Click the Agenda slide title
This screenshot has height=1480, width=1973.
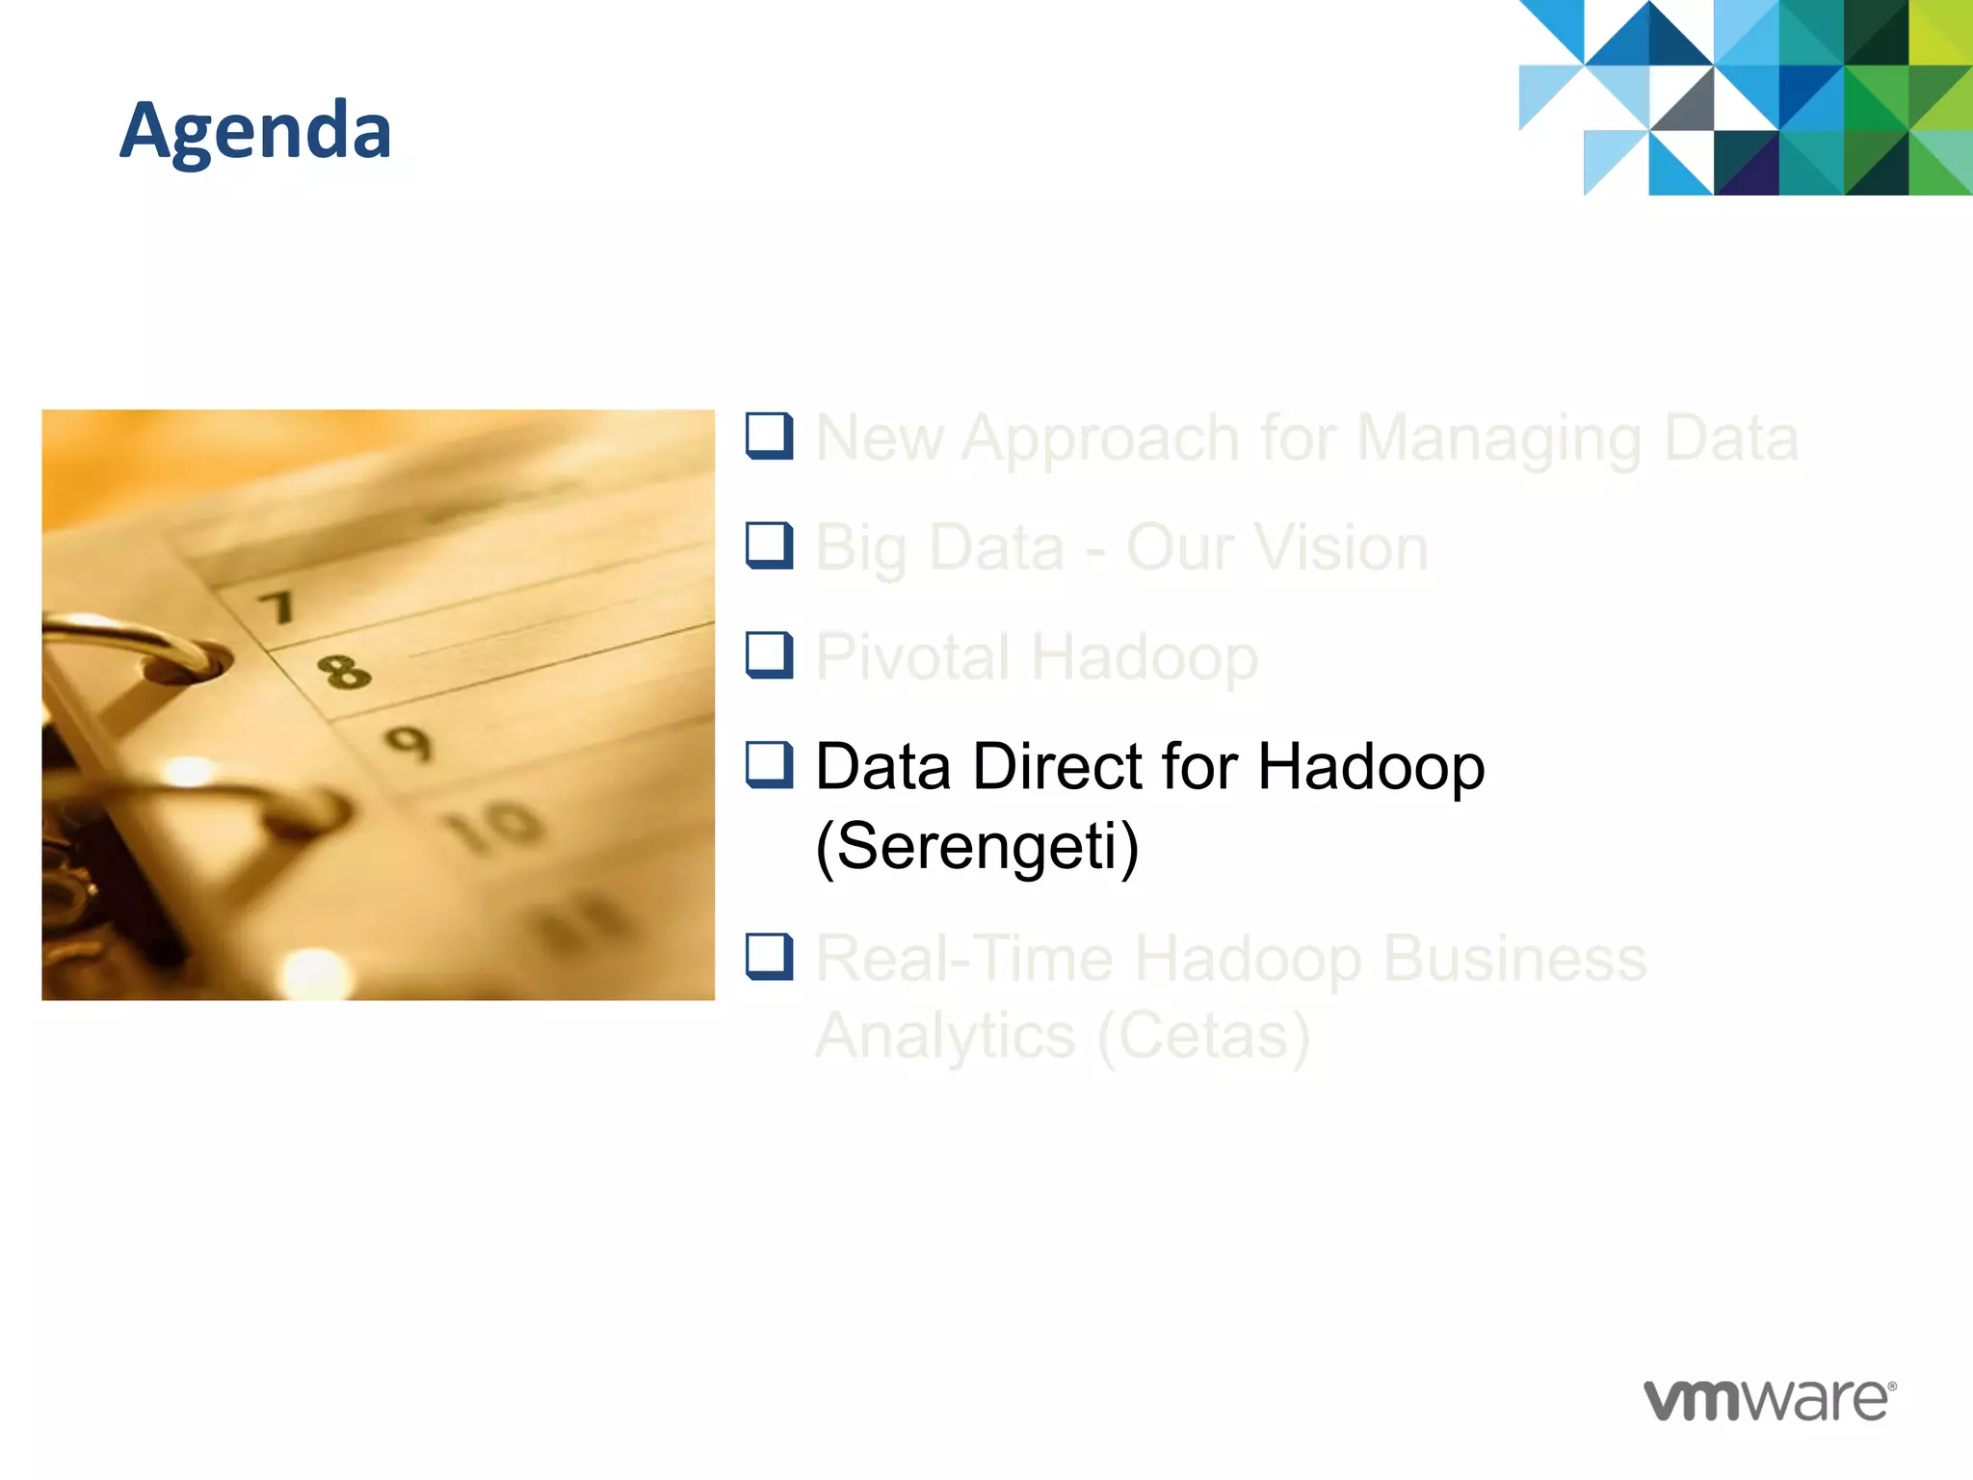[255, 131]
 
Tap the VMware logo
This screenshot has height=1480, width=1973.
[1769, 1399]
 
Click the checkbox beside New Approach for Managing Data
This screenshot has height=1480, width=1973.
[769, 436]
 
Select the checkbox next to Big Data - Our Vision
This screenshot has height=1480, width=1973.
[769, 545]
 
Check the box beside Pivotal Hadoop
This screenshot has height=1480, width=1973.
[769, 655]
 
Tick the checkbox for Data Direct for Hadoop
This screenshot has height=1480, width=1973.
[769, 765]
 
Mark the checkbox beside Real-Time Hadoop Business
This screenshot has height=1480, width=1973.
[769, 957]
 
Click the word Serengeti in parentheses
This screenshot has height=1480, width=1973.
[977, 846]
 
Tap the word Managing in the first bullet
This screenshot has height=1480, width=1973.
[1498, 439]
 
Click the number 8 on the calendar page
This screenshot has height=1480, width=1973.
[344, 672]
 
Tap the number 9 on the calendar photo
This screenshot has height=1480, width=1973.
[408, 743]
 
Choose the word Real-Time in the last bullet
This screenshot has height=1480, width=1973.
[963, 959]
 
